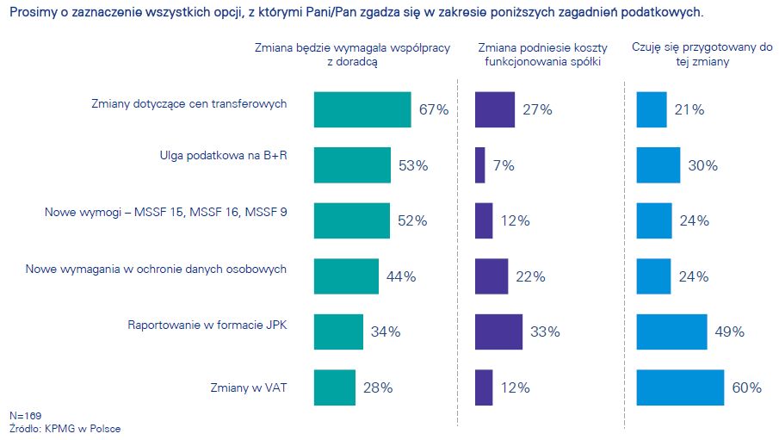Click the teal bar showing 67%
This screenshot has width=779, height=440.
[x=362, y=109]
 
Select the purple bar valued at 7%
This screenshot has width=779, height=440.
[x=479, y=165]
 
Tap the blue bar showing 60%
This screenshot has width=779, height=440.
[x=680, y=387]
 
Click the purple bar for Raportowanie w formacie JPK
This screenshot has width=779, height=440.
[x=498, y=332]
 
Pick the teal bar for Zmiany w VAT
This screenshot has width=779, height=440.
[x=335, y=387]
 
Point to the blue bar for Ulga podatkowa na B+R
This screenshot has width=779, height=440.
[x=658, y=165]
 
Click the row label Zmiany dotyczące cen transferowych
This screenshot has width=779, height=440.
[x=189, y=103]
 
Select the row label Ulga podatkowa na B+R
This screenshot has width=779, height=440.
[x=223, y=156]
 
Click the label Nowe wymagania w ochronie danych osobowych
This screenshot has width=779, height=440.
[x=156, y=269]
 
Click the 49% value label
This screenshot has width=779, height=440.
[x=730, y=332]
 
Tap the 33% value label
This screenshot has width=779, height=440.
[x=545, y=332]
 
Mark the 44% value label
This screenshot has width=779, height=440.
[x=401, y=276]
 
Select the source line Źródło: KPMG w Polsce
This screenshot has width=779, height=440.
[x=65, y=429]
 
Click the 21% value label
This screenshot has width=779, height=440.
[x=689, y=110]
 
